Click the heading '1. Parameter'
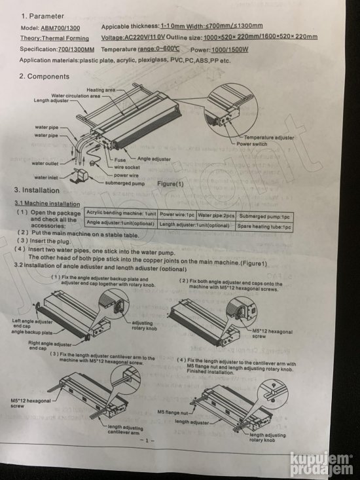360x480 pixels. (45, 15)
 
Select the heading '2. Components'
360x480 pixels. (48, 77)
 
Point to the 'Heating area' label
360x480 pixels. (102, 90)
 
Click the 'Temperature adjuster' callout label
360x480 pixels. (268, 138)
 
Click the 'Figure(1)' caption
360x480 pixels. (170, 184)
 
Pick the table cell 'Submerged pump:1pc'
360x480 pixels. (264, 215)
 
